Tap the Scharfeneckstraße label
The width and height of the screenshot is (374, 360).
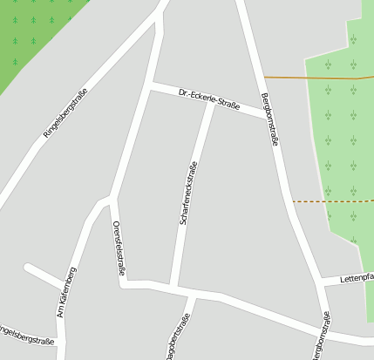click(188, 194)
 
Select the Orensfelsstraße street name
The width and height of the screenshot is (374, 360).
click(118, 248)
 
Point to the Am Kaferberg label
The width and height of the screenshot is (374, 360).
click(66, 291)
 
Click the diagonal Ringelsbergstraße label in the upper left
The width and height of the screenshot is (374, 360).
click(65, 113)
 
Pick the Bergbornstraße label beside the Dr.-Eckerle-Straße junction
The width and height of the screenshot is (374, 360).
click(269, 119)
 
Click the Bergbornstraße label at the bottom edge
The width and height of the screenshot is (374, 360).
click(320, 343)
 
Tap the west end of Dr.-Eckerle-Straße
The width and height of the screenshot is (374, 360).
click(152, 85)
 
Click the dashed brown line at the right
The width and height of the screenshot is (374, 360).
click(331, 200)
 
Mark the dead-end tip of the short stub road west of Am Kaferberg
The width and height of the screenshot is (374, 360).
click(28, 267)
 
